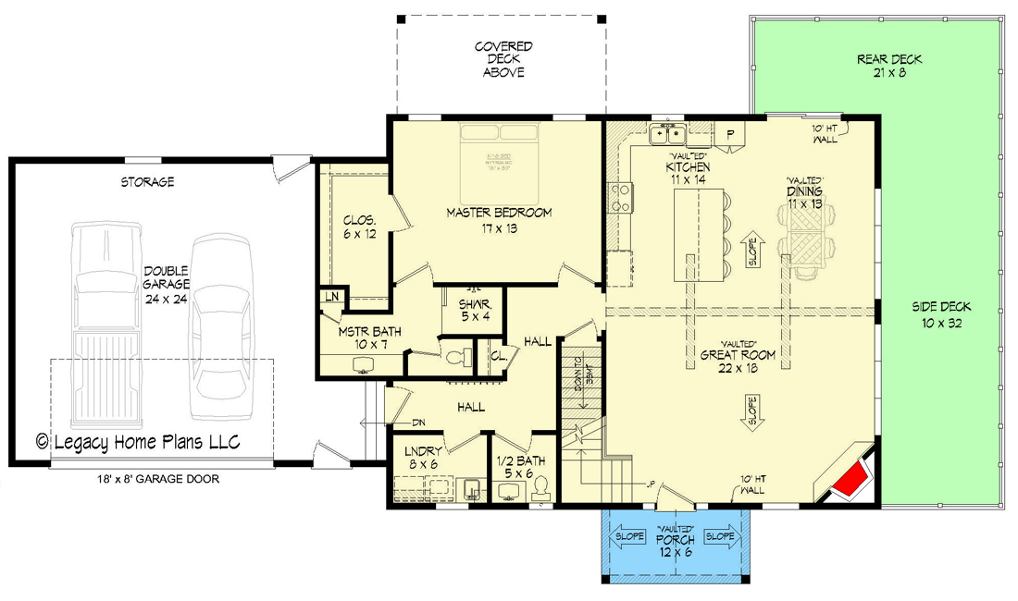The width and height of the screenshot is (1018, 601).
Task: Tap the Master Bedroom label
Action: pos(499,220)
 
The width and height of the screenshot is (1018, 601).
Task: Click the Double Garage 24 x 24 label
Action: pos(167,278)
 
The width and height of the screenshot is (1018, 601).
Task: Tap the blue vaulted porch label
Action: pos(675,545)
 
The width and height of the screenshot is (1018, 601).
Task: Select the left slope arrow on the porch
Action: pos(629,536)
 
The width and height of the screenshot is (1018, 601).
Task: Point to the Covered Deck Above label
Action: pos(503,59)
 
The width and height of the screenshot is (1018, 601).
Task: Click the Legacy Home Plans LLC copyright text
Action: pos(139,442)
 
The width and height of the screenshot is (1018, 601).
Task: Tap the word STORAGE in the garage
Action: pos(146,182)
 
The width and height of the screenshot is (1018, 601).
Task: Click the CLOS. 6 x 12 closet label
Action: pos(358,227)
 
